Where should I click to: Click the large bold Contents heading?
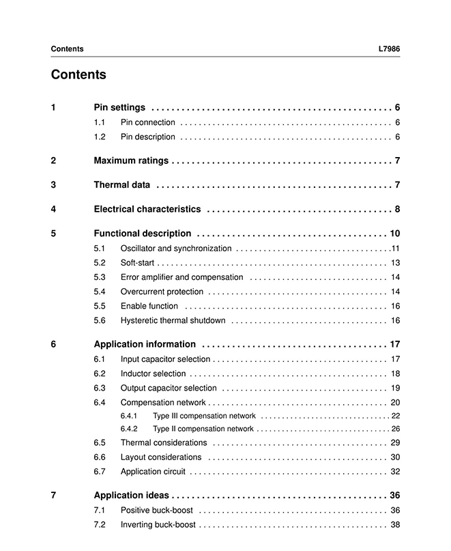(78, 74)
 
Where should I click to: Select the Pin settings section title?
(119, 107)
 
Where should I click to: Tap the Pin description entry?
(147, 137)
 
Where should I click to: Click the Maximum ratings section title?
(130, 160)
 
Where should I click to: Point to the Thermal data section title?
(121, 184)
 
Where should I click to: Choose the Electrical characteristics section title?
(147, 209)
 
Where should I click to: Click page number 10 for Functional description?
(394, 233)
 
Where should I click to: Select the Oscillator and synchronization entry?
(176, 249)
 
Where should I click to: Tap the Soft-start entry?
(138, 263)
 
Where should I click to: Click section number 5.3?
(100, 277)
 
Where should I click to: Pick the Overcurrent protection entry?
(162, 292)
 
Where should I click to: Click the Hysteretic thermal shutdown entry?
(173, 320)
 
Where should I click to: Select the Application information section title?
(145, 344)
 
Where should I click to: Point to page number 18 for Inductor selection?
(395, 373)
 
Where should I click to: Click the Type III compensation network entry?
(204, 416)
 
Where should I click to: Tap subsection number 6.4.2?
(129, 429)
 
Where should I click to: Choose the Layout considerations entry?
(161, 457)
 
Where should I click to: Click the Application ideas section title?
(132, 495)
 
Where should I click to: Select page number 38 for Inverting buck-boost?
(395, 524)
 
